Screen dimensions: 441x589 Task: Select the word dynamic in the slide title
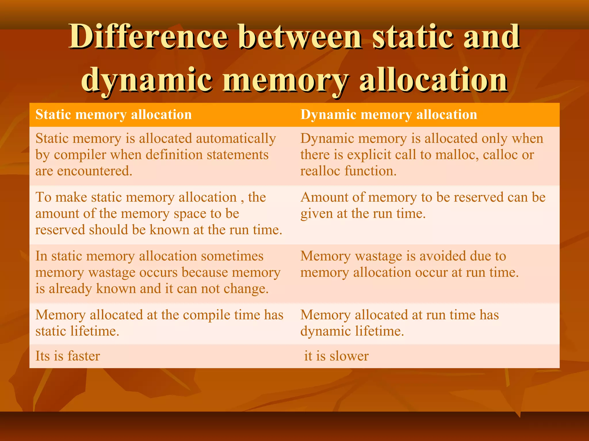pos(147,80)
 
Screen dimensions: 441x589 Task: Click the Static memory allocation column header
pos(114,115)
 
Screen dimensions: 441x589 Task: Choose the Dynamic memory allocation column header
pos(389,115)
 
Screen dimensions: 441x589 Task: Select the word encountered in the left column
pos(95,171)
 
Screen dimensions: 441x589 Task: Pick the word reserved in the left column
pos(60,230)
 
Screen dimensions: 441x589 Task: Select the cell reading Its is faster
pos(68,356)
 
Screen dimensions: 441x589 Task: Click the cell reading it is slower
pos(336,356)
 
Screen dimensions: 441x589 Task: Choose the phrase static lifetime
pos(77,331)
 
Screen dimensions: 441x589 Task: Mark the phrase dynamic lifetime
pos(352,331)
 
